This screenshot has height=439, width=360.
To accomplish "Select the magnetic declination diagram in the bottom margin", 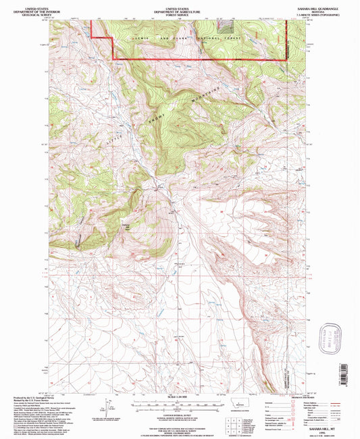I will click(x=105, y=408).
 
